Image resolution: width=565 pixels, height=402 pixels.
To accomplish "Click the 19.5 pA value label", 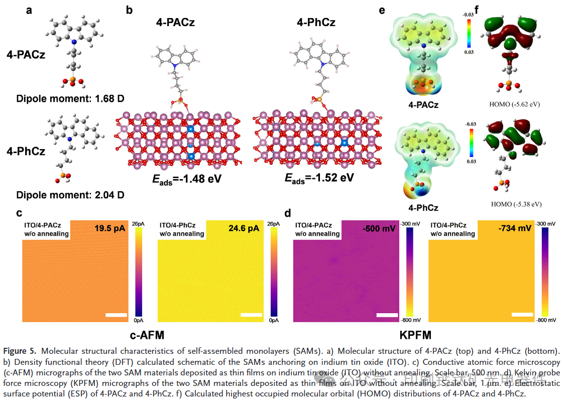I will pos(109,229).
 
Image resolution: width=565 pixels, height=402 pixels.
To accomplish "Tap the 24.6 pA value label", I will pos(244,229).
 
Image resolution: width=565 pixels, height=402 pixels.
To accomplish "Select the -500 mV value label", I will pos(378,229).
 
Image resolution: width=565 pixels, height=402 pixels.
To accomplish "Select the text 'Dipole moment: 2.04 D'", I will pos(70,195).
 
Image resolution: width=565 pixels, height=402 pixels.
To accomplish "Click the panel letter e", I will pos(382,9).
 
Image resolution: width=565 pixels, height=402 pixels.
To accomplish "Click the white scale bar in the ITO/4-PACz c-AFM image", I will pos(116,315).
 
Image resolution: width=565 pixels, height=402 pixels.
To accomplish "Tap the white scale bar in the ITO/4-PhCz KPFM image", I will pos(522,315).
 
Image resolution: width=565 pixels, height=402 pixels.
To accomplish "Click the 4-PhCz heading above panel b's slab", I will pos(316,22).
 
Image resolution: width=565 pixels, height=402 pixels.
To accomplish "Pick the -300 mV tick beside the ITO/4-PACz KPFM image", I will pos(406,224).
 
